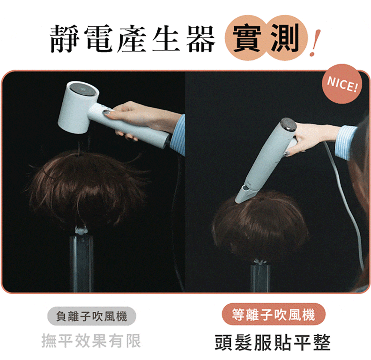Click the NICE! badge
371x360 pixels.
tap(342, 84)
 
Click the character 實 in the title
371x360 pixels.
tap(247, 38)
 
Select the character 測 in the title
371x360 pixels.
tap(285, 38)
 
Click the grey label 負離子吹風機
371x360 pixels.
tap(92, 316)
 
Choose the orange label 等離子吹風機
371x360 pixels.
tap(273, 314)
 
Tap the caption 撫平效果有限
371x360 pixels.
tap(91, 341)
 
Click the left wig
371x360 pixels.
tap(88, 187)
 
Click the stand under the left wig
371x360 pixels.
tap(81, 260)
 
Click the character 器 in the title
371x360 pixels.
tap(201, 38)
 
